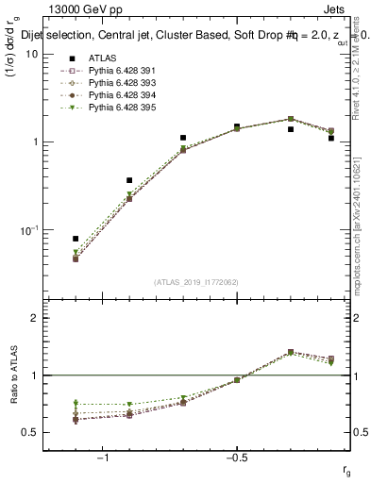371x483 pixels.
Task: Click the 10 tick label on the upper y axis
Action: (x=31, y=54)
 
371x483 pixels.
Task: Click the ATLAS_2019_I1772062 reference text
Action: (x=196, y=282)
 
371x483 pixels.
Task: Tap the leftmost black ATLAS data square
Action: (x=76, y=239)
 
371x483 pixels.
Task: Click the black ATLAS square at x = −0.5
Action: (x=237, y=125)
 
